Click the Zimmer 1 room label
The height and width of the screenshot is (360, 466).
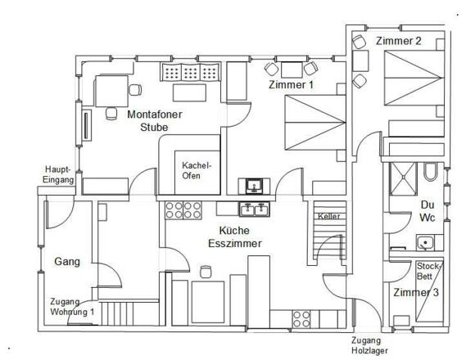click(291, 85)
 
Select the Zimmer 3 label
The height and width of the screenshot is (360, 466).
click(416, 292)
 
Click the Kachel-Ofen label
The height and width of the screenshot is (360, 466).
click(197, 169)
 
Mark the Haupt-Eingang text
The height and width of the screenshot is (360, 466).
click(59, 174)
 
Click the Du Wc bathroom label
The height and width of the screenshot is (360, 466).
click(427, 210)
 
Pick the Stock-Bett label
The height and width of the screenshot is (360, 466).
click(428, 271)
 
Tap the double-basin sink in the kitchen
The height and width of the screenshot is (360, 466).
click(254, 210)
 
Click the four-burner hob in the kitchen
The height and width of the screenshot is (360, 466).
click(301, 317)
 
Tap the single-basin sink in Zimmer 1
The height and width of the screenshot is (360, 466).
click(252, 185)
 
